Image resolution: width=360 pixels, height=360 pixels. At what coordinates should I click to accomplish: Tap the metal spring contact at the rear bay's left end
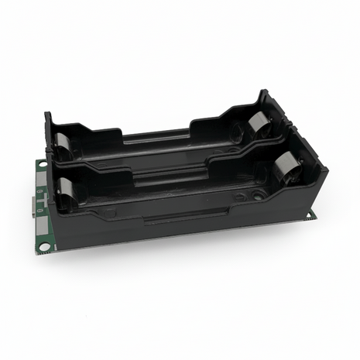click(60, 144)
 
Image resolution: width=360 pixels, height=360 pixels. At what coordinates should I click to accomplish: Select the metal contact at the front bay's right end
click(286, 167)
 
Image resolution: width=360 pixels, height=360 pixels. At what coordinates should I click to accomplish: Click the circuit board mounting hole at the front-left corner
click(44, 246)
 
